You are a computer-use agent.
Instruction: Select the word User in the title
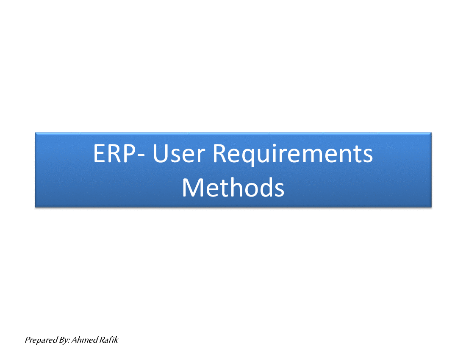point(179,154)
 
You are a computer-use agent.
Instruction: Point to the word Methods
point(233,188)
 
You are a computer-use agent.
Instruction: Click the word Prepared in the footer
point(41,340)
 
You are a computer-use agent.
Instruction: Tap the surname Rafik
point(109,340)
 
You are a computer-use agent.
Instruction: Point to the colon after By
point(69,341)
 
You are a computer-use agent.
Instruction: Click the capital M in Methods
point(192,188)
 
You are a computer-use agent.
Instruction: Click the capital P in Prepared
point(28,340)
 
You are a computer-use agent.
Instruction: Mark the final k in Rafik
point(116,340)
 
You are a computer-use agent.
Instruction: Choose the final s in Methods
point(279,190)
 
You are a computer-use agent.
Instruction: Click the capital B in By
point(62,340)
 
